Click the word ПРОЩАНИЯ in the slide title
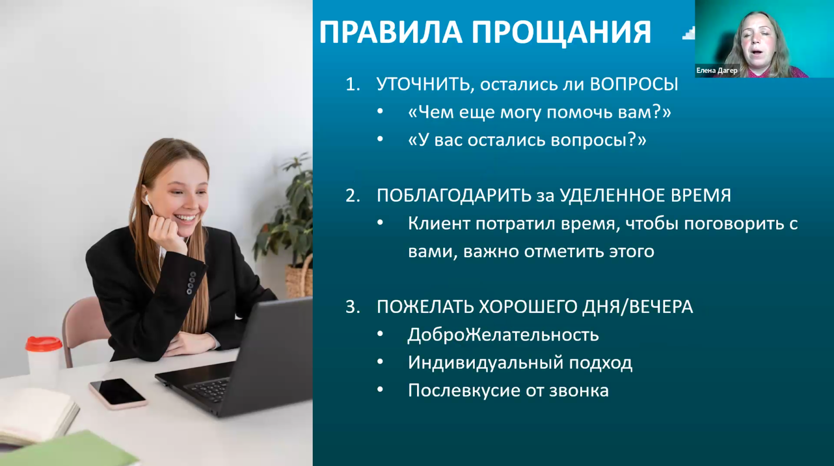[562, 33]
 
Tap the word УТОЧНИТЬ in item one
[423, 85]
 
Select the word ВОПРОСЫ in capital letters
[634, 85]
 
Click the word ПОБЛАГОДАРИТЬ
[454, 195]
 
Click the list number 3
[352, 307]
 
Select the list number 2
[352, 196]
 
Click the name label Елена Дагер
[717, 70]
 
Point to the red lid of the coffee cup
[44, 343]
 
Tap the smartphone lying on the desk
[118, 393]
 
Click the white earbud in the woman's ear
[147, 200]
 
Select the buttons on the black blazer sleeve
[191, 283]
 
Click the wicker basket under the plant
[299, 278]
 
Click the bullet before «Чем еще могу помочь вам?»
[380, 112]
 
